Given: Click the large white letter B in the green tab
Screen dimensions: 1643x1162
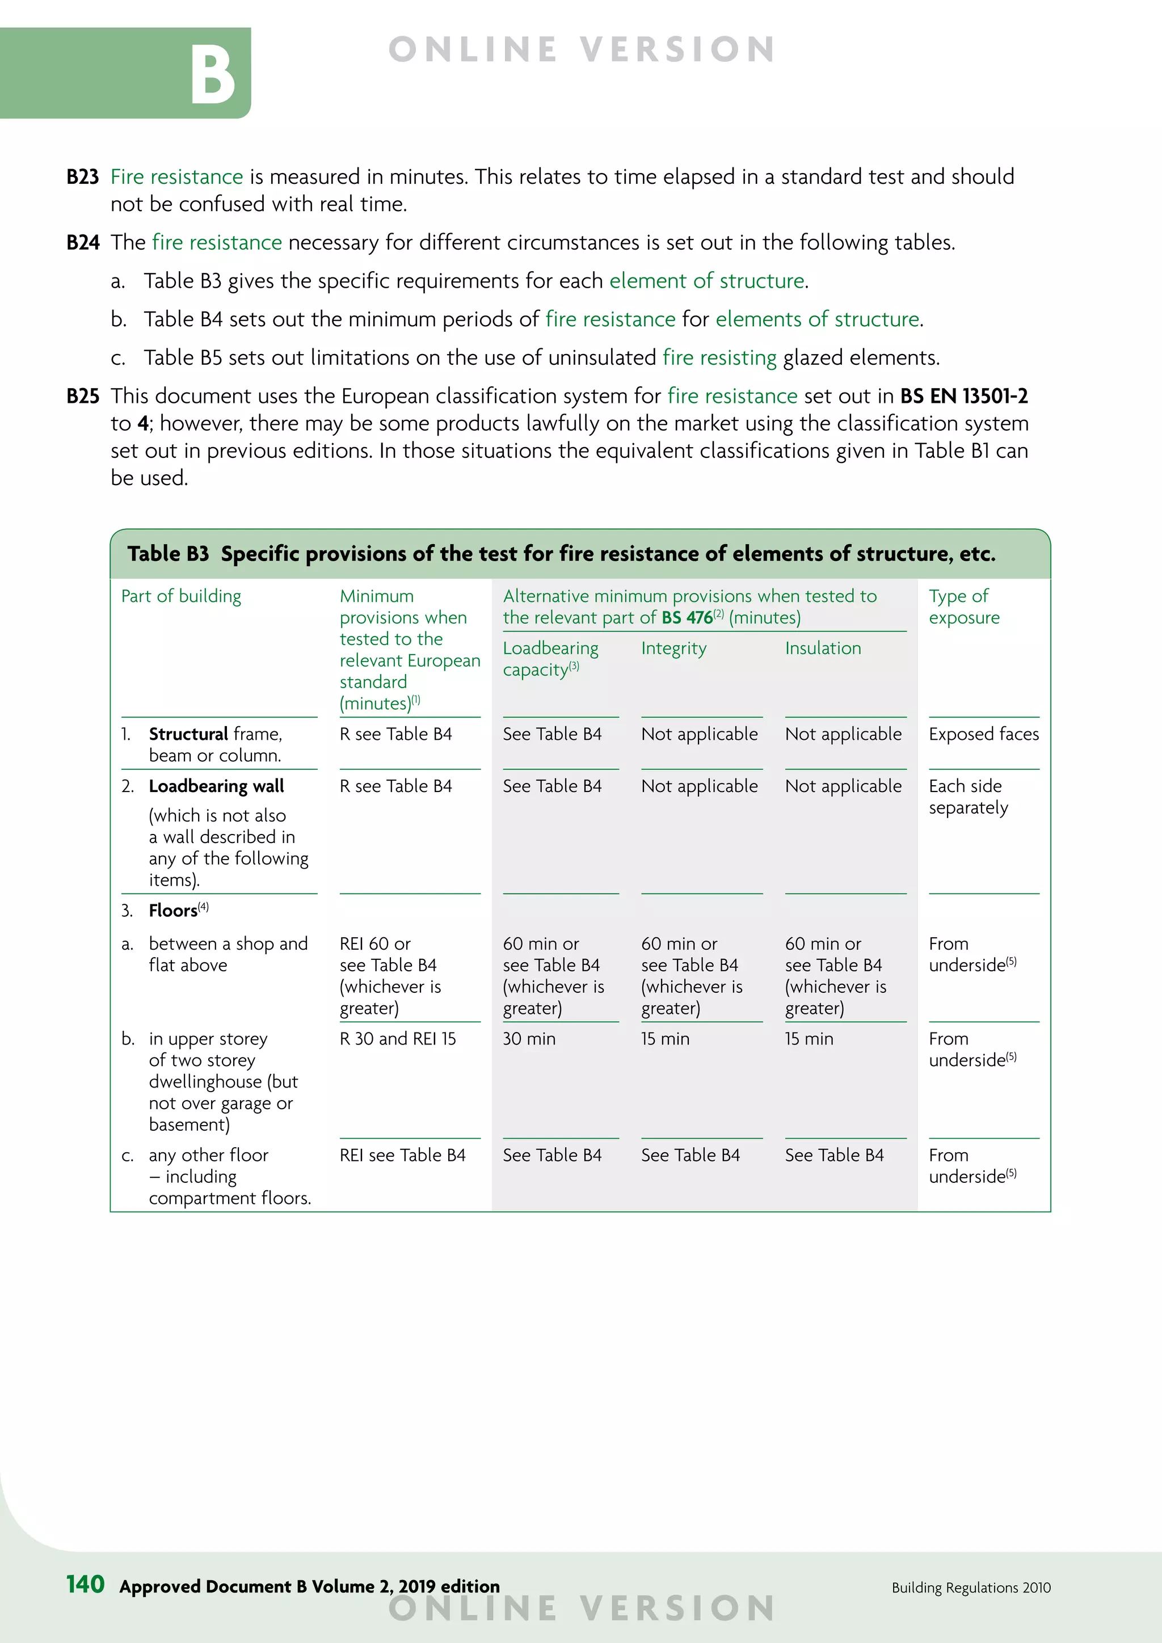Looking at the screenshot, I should pos(213,74).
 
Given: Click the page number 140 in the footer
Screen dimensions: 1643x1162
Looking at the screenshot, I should pos(85,1585).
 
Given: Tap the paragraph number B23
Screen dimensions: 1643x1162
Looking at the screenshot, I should pos(82,177).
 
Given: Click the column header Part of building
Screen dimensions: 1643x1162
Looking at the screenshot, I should pos(181,596).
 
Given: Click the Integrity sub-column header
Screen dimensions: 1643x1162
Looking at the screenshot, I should pos(673,648).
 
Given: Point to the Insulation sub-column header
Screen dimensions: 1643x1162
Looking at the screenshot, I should pos(823,648).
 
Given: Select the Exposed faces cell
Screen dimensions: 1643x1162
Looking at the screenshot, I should pos(983,734).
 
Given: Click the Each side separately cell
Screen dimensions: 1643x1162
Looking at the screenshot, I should pos(967,797).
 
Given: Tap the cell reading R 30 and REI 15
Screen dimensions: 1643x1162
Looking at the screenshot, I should pos(397,1039).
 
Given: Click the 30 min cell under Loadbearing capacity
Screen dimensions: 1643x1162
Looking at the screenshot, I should pos(529,1039).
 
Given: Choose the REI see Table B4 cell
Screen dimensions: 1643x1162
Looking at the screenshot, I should pos(402,1155).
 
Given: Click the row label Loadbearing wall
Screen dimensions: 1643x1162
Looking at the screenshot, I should pos(216,786).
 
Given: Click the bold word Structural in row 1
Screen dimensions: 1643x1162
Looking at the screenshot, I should pos(188,734).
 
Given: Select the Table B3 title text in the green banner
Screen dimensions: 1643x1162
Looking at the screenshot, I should pos(561,554).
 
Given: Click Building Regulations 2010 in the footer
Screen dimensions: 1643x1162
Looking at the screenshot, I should pos(970,1587).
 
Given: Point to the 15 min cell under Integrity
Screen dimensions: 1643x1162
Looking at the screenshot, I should pos(665,1039).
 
